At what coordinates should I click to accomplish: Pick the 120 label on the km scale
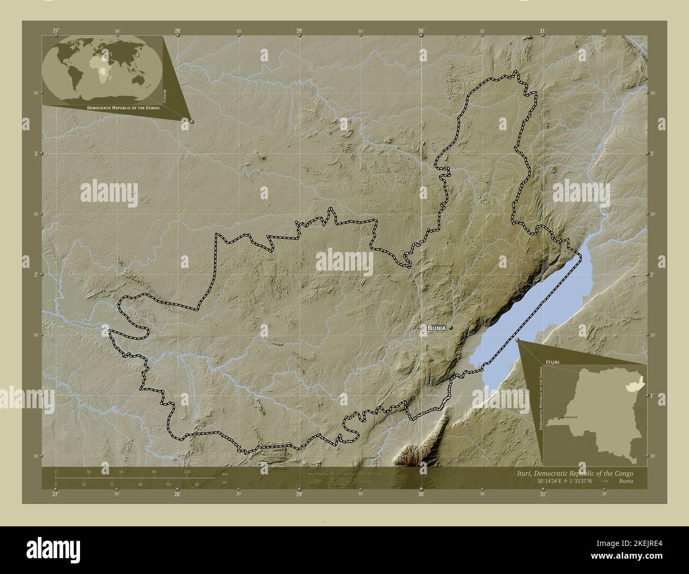[x=187, y=471]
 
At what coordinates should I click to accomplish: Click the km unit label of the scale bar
[x=225, y=473]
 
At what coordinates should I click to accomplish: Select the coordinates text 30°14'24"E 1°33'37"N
[x=563, y=481]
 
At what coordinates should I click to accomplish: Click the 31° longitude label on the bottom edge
[x=543, y=494]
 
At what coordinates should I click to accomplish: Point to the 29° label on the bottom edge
[x=299, y=494]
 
